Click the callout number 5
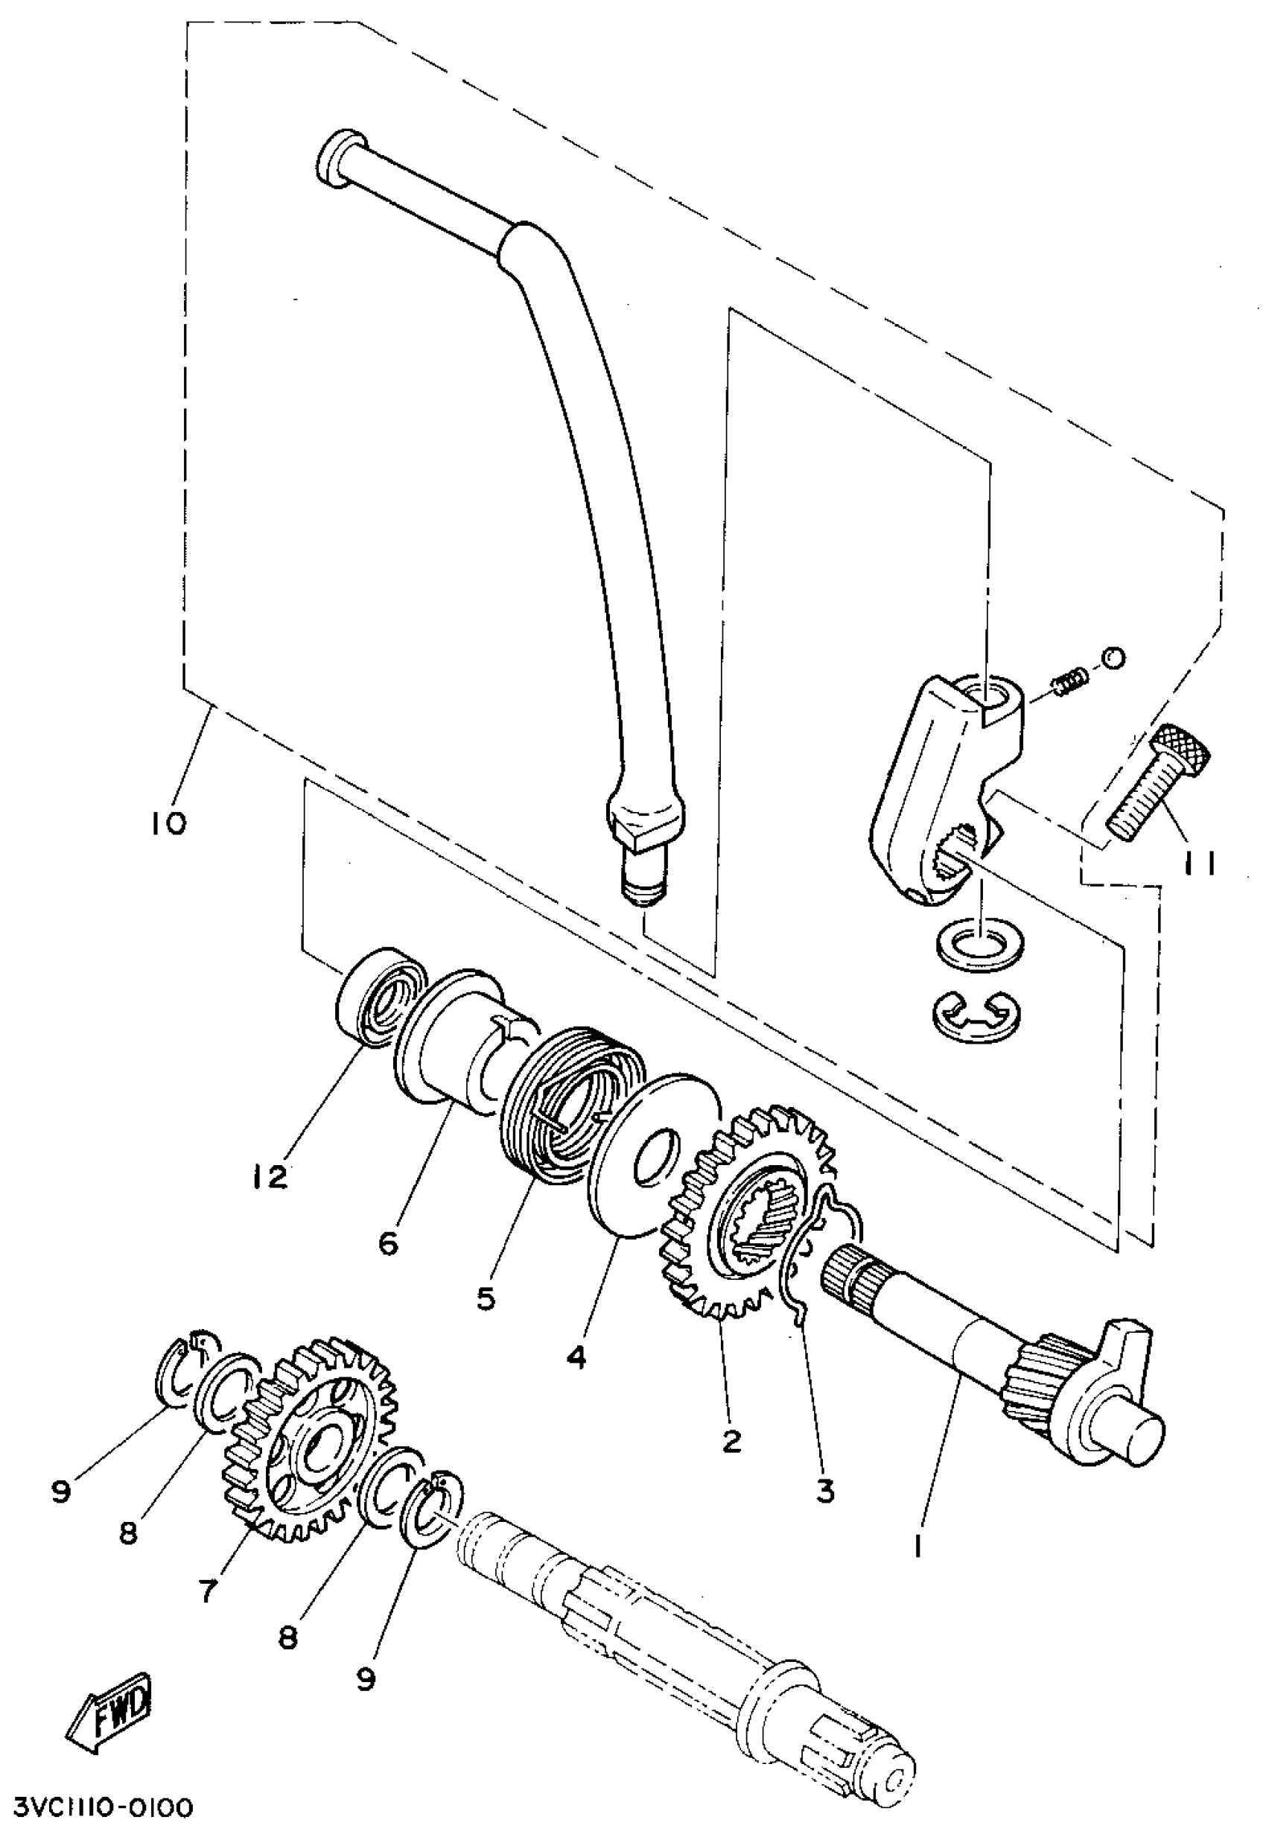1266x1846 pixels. coord(486,1298)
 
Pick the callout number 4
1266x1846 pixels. coord(576,1357)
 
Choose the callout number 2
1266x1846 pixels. coord(731,1439)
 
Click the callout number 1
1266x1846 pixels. coord(917,1546)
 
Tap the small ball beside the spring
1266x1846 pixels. coord(1113,658)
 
